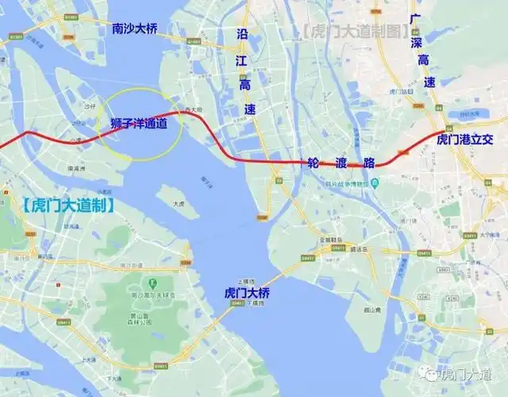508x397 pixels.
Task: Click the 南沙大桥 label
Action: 135,29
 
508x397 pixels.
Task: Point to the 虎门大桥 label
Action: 248,292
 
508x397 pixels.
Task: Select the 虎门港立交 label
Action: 471,139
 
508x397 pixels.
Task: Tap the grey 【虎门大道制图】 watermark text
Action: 355,32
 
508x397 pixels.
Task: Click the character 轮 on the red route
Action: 314,164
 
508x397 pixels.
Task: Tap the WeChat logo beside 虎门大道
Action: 428,372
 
